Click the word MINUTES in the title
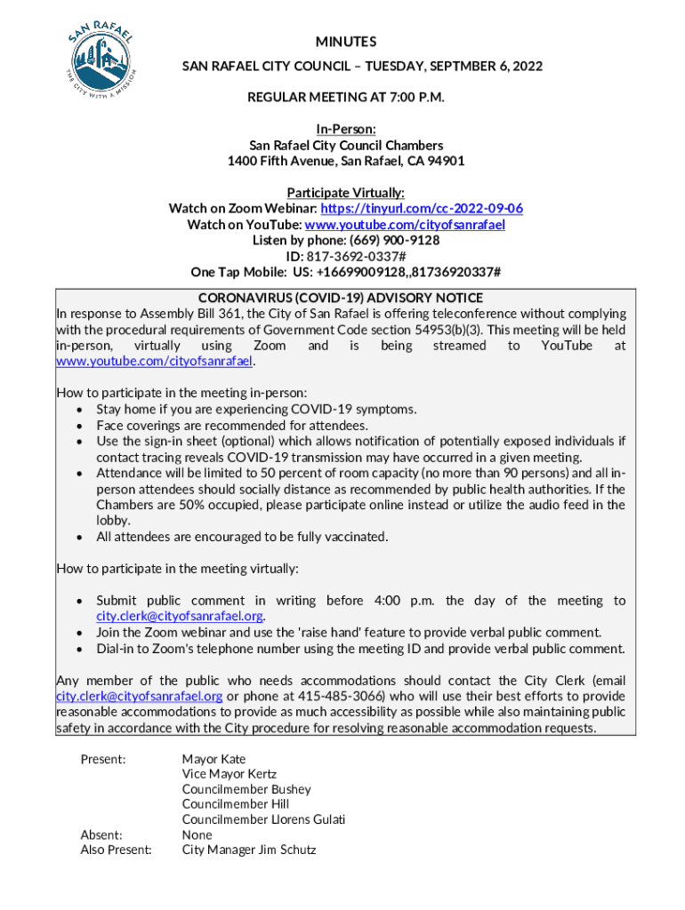point(346,42)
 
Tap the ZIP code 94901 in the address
point(446,162)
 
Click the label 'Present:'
point(103,760)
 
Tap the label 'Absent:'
point(101,834)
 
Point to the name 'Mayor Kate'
point(214,760)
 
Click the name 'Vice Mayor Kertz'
point(230,775)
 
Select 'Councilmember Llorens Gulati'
point(263,819)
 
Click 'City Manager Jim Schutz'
point(249,850)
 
